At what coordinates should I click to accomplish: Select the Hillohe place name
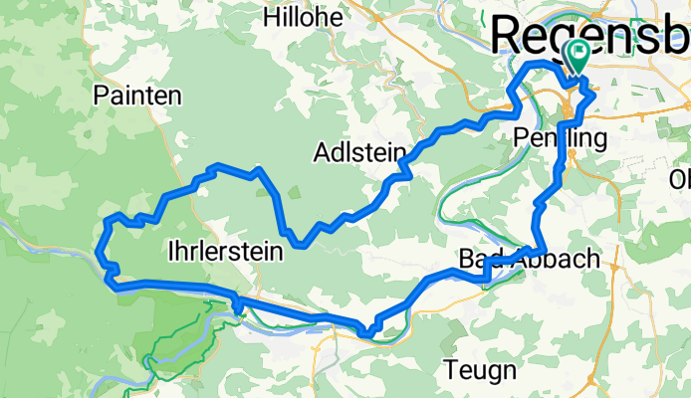tap(303, 17)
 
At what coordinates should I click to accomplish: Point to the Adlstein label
tap(358, 153)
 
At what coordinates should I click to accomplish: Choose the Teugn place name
tap(481, 371)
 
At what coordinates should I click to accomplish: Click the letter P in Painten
tap(100, 96)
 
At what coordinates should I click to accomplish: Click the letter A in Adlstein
tap(321, 153)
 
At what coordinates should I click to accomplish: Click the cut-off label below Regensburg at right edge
tap(681, 179)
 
